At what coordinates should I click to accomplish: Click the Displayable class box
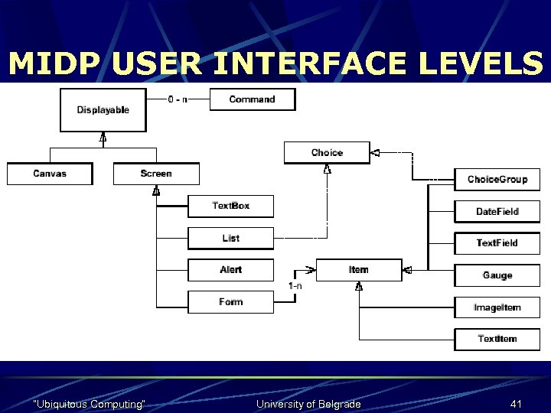(103, 110)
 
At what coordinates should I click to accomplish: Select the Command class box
(252, 99)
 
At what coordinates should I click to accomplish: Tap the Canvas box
(50, 174)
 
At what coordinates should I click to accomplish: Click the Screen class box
(156, 174)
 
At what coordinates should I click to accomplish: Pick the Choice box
(327, 152)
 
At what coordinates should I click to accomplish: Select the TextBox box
(230, 206)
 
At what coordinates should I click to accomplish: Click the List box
(230, 238)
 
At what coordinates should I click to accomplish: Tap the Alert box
(230, 270)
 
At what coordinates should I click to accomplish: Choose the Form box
(230, 302)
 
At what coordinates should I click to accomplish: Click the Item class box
(358, 270)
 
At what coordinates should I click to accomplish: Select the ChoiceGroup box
(497, 180)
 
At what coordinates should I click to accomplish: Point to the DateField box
(497, 211)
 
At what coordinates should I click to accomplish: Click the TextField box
(497, 243)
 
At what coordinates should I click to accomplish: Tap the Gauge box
(497, 275)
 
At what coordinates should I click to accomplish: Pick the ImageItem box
(497, 307)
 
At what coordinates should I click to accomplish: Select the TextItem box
(497, 339)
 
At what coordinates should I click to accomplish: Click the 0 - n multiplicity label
(178, 99)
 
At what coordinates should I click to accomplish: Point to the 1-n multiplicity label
(295, 286)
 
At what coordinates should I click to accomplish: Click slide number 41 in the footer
(515, 403)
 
